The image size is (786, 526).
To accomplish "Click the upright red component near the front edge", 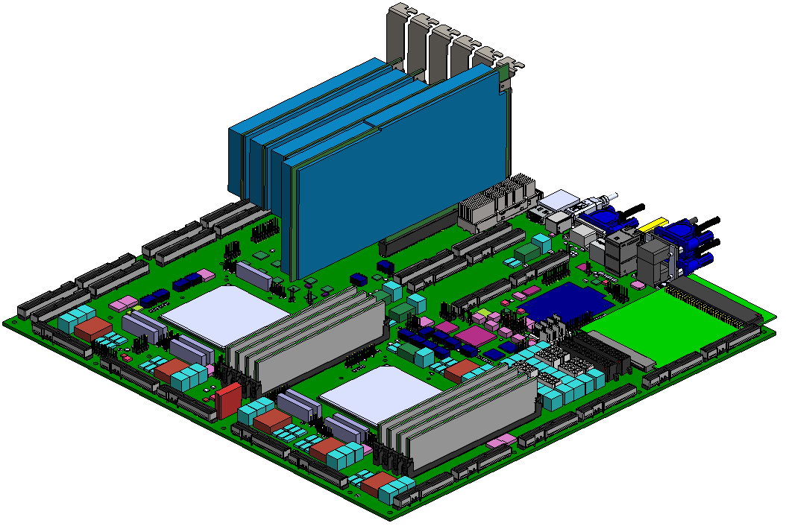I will point(229,401).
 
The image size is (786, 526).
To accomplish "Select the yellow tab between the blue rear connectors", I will point(654,224).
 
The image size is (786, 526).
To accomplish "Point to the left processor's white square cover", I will point(224,314).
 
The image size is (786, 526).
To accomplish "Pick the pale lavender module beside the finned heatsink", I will point(559,202).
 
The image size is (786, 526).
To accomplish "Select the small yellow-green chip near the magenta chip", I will point(485,313).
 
